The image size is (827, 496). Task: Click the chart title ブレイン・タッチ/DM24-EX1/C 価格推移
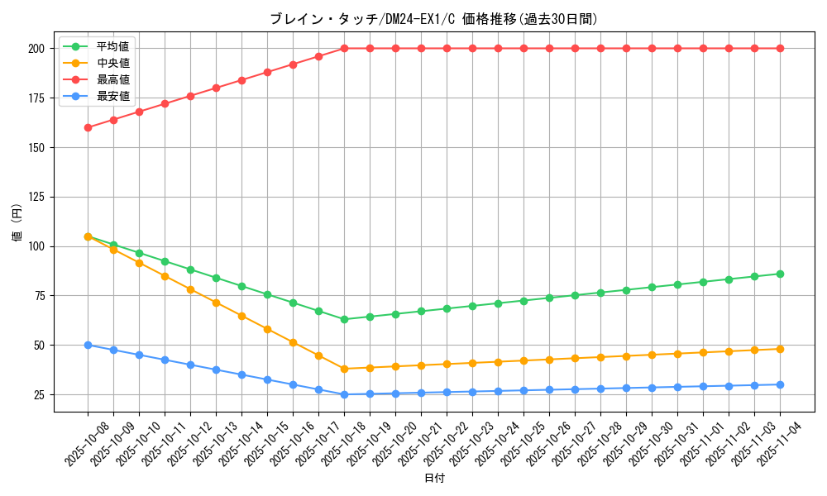tap(433, 19)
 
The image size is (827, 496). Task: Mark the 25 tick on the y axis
tap(39, 394)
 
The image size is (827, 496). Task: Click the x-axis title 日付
tap(434, 479)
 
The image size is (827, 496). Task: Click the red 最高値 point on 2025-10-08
tap(88, 127)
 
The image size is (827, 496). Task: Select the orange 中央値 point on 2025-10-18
tap(344, 369)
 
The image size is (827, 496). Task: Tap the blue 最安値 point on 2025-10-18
tap(344, 394)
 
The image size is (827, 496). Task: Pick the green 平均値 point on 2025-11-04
tap(780, 274)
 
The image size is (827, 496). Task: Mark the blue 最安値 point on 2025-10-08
tap(88, 345)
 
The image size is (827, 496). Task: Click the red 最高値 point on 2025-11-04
tap(780, 49)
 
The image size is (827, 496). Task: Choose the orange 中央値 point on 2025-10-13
tap(216, 303)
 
